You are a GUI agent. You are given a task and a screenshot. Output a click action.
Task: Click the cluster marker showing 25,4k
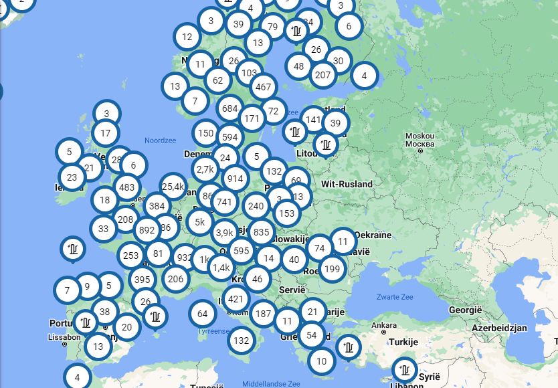coord(173,187)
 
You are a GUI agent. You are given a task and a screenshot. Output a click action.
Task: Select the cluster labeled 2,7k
coord(205,169)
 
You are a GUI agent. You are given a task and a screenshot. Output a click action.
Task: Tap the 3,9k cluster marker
coord(225,233)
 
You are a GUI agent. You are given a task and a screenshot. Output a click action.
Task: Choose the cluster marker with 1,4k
coord(221,268)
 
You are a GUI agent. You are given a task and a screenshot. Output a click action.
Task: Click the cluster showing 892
coord(147,230)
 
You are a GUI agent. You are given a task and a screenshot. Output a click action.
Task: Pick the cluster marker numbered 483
coord(126,187)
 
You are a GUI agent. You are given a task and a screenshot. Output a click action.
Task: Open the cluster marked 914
coord(235,179)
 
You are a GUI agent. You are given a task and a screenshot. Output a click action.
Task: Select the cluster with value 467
coord(264,87)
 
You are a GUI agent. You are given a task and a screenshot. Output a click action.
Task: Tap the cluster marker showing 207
coord(322,74)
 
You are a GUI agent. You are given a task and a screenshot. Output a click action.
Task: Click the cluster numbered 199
coord(332,269)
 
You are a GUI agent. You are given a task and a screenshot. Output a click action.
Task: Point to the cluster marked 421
coord(236,298)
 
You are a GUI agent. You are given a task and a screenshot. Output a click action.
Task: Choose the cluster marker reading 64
coord(203,313)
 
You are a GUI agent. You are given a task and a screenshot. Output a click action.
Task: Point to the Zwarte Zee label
coord(395,296)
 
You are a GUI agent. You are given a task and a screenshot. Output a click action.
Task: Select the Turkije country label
coord(403,342)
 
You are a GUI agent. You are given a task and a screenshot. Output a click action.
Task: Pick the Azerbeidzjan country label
coord(499,328)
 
